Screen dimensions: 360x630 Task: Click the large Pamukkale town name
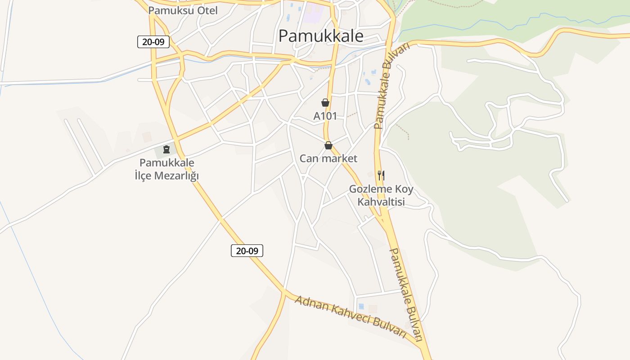[320, 36]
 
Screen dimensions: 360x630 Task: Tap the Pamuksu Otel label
[183, 10]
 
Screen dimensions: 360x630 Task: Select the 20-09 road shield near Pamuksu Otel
[153, 42]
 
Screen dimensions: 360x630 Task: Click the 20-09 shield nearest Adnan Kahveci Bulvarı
[247, 251]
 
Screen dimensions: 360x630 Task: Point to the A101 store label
[325, 116]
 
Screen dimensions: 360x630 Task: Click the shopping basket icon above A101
[325, 103]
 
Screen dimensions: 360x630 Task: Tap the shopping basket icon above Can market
[328, 145]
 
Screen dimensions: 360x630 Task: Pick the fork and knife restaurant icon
[381, 175]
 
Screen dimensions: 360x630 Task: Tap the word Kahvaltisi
[381, 202]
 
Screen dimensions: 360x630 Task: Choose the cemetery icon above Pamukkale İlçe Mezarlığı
[166, 149]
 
